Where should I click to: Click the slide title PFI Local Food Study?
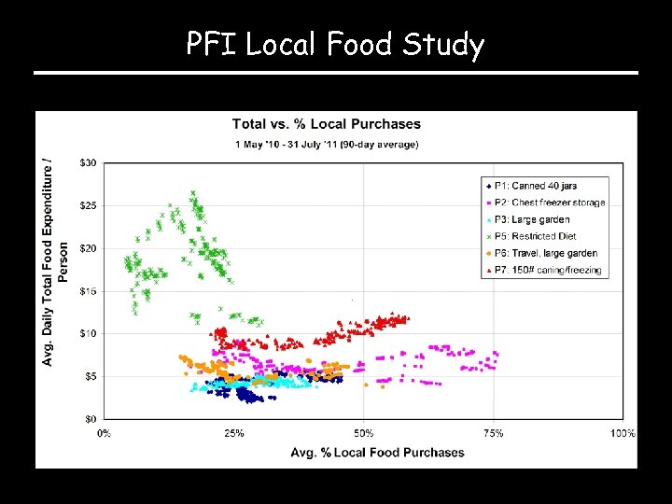point(335,44)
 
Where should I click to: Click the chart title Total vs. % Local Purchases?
point(326,124)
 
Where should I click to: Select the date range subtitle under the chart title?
point(326,144)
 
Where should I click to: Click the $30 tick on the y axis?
point(87,163)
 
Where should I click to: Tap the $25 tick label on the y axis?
point(87,205)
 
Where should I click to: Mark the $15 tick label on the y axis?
point(87,291)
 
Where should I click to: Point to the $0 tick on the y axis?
point(90,419)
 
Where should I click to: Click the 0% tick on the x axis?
point(104,433)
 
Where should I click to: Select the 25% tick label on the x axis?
point(233,433)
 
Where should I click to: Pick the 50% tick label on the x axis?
point(363,433)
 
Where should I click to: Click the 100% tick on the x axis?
point(622,433)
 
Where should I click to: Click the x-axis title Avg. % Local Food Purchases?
point(377,453)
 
